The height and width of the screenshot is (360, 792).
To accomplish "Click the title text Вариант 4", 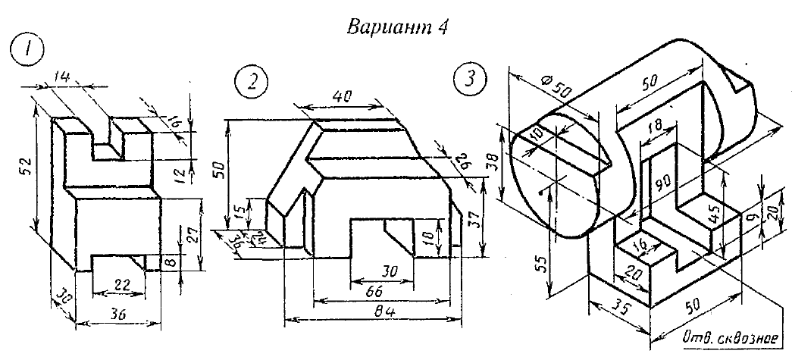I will (x=397, y=28).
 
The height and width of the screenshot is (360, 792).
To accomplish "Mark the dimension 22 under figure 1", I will (x=117, y=284).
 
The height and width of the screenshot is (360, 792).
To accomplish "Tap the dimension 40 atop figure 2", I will (x=343, y=97).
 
